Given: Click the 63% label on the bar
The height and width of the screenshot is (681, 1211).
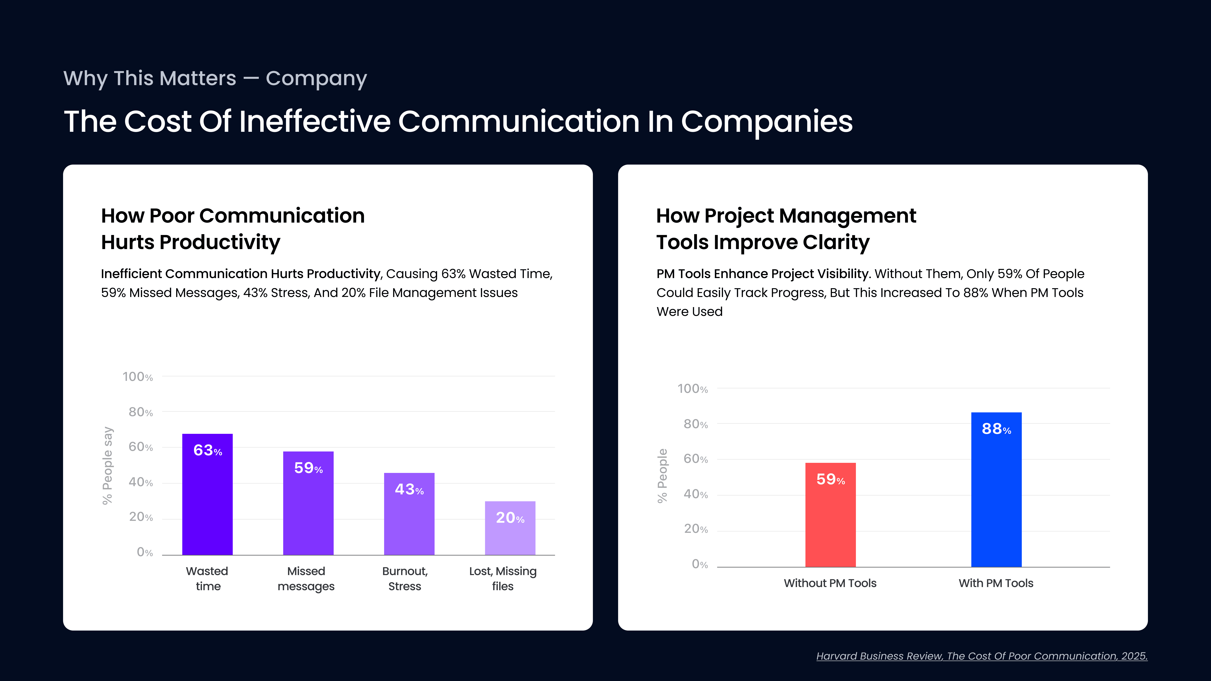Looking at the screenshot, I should point(207,450).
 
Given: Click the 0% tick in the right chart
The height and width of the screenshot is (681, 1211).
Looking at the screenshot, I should point(699,564).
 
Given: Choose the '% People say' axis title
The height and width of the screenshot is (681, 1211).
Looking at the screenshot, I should point(108,465).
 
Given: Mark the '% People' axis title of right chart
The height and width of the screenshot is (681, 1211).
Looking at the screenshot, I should point(662,476).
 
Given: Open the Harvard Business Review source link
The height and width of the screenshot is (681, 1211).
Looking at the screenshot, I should point(982,656).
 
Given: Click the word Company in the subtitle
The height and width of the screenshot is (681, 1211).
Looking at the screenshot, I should point(316,78).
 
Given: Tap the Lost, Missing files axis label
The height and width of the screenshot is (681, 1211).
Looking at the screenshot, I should point(502,579).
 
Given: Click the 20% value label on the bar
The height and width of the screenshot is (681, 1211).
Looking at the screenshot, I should point(510,518).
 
